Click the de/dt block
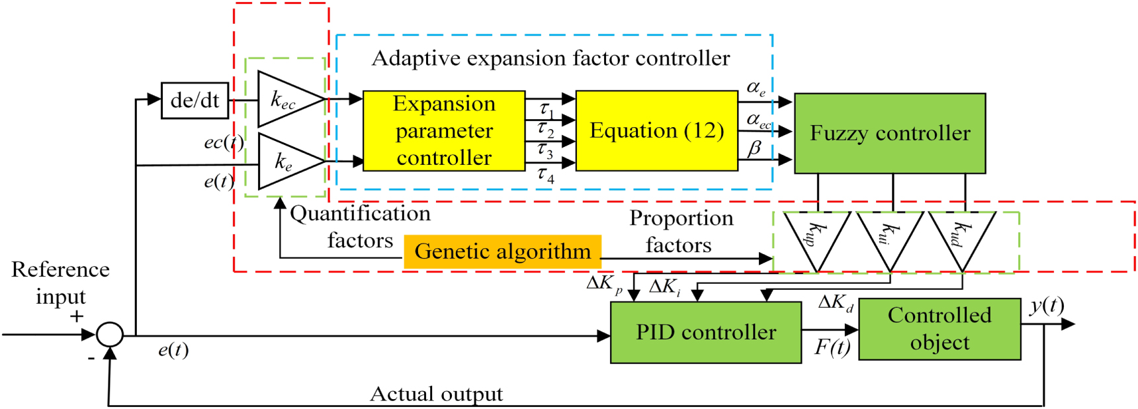click(195, 101)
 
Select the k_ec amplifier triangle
click(284, 99)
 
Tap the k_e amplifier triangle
click(284, 161)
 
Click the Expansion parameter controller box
click(444, 131)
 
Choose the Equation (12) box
click(656, 131)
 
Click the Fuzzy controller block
click(890, 133)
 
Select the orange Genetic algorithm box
click(502, 251)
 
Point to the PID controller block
click(705, 332)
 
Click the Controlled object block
click(940, 329)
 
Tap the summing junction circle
click(110, 334)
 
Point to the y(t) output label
click(1047, 306)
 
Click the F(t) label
click(832, 347)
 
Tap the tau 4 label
click(545, 175)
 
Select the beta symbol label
click(754, 148)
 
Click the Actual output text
click(436, 394)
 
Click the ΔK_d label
click(836, 303)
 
